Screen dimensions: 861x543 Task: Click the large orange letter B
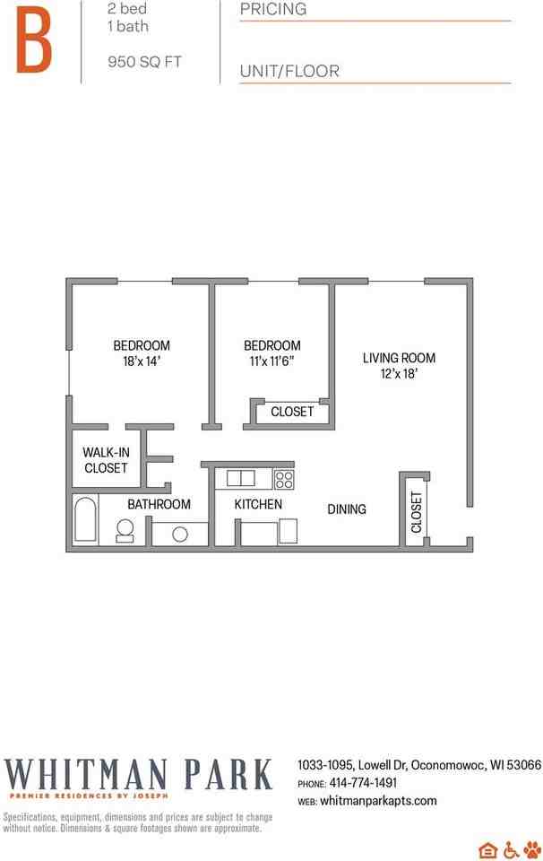(x=33, y=39)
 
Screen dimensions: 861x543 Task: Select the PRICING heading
(x=273, y=10)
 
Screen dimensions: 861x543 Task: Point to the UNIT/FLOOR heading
(x=289, y=72)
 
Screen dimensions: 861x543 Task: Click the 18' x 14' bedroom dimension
(x=141, y=361)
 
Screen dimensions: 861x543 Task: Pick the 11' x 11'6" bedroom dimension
(x=271, y=361)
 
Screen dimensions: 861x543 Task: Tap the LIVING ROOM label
(x=399, y=358)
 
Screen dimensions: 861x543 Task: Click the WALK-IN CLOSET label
(x=106, y=460)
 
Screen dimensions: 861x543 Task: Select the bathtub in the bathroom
(x=86, y=519)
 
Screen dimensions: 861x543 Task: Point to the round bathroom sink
(x=180, y=534)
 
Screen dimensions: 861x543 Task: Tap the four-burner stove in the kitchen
(x=284, y=478)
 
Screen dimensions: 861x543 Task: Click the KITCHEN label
(x=258, y=505)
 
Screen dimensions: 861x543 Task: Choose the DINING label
(x=347, y=509)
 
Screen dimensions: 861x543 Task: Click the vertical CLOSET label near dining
(x=416, y=512)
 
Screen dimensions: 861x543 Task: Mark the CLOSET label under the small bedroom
(x=292, y=412)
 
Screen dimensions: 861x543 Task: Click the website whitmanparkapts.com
(x=378, y=801)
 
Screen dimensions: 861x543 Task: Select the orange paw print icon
(x=532, y=850)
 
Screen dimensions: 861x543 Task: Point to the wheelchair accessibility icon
(x=511, y=850)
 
